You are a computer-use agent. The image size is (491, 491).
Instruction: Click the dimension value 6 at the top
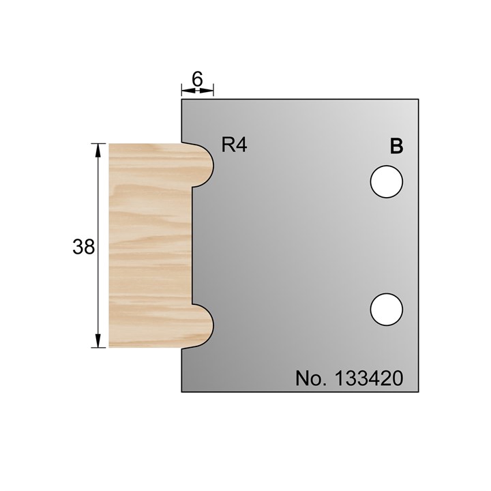point(197,78)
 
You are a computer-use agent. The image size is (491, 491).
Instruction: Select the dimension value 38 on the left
point(84,246)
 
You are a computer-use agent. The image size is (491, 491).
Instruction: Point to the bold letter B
point(396,146)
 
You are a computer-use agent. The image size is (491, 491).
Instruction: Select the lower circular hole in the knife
point(387,309)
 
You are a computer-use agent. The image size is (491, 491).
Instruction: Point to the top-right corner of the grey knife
point(418,100)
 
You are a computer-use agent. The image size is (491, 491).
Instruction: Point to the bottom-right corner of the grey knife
point(418,392)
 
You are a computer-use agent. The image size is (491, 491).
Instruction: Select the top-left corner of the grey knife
point(181,100)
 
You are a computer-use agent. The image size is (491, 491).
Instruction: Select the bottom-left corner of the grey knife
point(181,392)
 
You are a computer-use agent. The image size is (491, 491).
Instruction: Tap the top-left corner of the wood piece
point(110,144)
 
